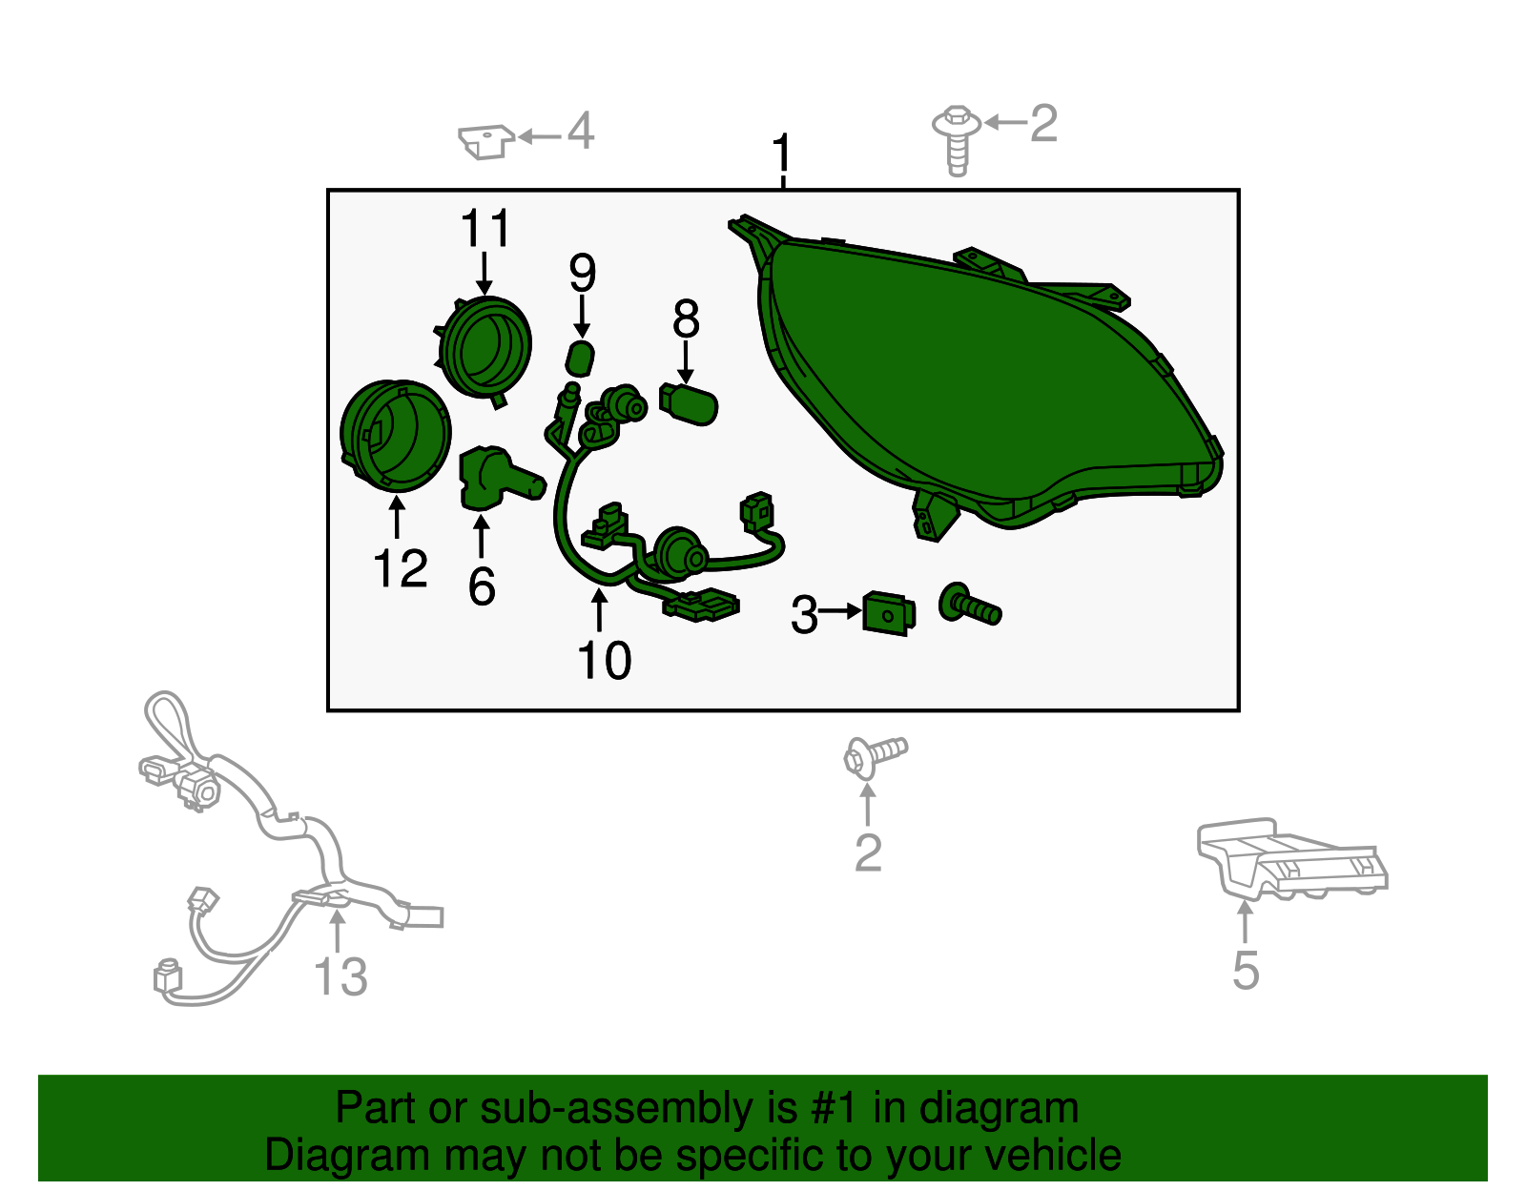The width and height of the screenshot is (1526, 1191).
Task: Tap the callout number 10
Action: tap(604, 660)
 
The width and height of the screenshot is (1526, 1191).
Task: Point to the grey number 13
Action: tap(340, 976)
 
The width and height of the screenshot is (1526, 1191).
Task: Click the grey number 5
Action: tap(1246, 971)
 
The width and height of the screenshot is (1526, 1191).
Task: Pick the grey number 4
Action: tap(581, 131)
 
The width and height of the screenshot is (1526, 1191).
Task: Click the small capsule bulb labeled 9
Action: tap(580, 359)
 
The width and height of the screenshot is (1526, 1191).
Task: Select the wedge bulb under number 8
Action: tap(689, 403)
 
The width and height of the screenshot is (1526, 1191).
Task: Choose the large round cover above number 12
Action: tap(396, 435)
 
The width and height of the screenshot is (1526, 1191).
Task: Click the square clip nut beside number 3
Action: tap(889, 613)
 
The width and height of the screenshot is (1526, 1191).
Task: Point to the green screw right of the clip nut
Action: tap(969, 605)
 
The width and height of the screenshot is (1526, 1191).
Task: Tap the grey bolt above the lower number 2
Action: tap(875, 756)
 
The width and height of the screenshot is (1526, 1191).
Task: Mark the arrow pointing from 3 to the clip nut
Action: tap(840, 611)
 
